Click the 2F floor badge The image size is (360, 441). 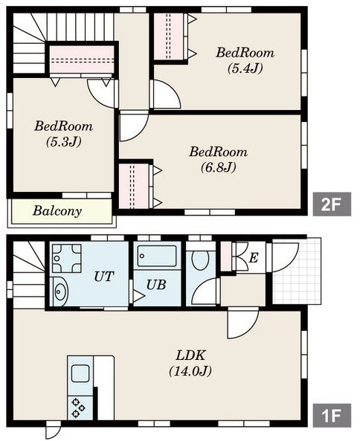tap(332, 205)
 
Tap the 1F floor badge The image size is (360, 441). tap(332, 416)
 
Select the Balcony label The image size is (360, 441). tap(57, 211)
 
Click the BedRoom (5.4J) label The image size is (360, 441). tap(245, 60)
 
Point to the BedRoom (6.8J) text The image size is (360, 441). tap(218, 159)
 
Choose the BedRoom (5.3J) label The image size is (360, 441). tap(63, 134)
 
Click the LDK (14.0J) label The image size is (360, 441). tap(190, 363)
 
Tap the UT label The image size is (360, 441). tap(104, 277)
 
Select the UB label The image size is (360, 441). tap(156, 285)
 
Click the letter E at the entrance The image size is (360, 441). tap(254, 257)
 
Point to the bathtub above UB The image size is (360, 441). tap(157, 256)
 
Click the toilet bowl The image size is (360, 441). tap(200, 260)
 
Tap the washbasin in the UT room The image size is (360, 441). tap(60, 292)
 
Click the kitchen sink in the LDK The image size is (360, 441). tap(80, 373)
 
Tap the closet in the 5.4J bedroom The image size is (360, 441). tap(169, 36)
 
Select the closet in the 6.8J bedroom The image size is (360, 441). tap(134, 186)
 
